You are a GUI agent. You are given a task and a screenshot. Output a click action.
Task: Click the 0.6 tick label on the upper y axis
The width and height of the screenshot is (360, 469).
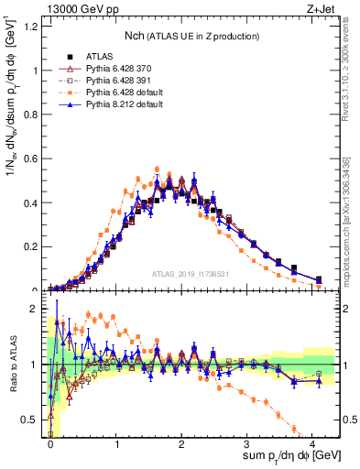pyautogui.click(x=33, y=158)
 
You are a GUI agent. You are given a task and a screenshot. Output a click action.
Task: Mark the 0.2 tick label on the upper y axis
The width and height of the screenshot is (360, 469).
pyautogui.click(x=33, y=247)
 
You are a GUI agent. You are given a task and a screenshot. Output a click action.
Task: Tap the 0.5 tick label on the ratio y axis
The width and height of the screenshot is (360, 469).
pyautogui.click(x=33, y=420)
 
